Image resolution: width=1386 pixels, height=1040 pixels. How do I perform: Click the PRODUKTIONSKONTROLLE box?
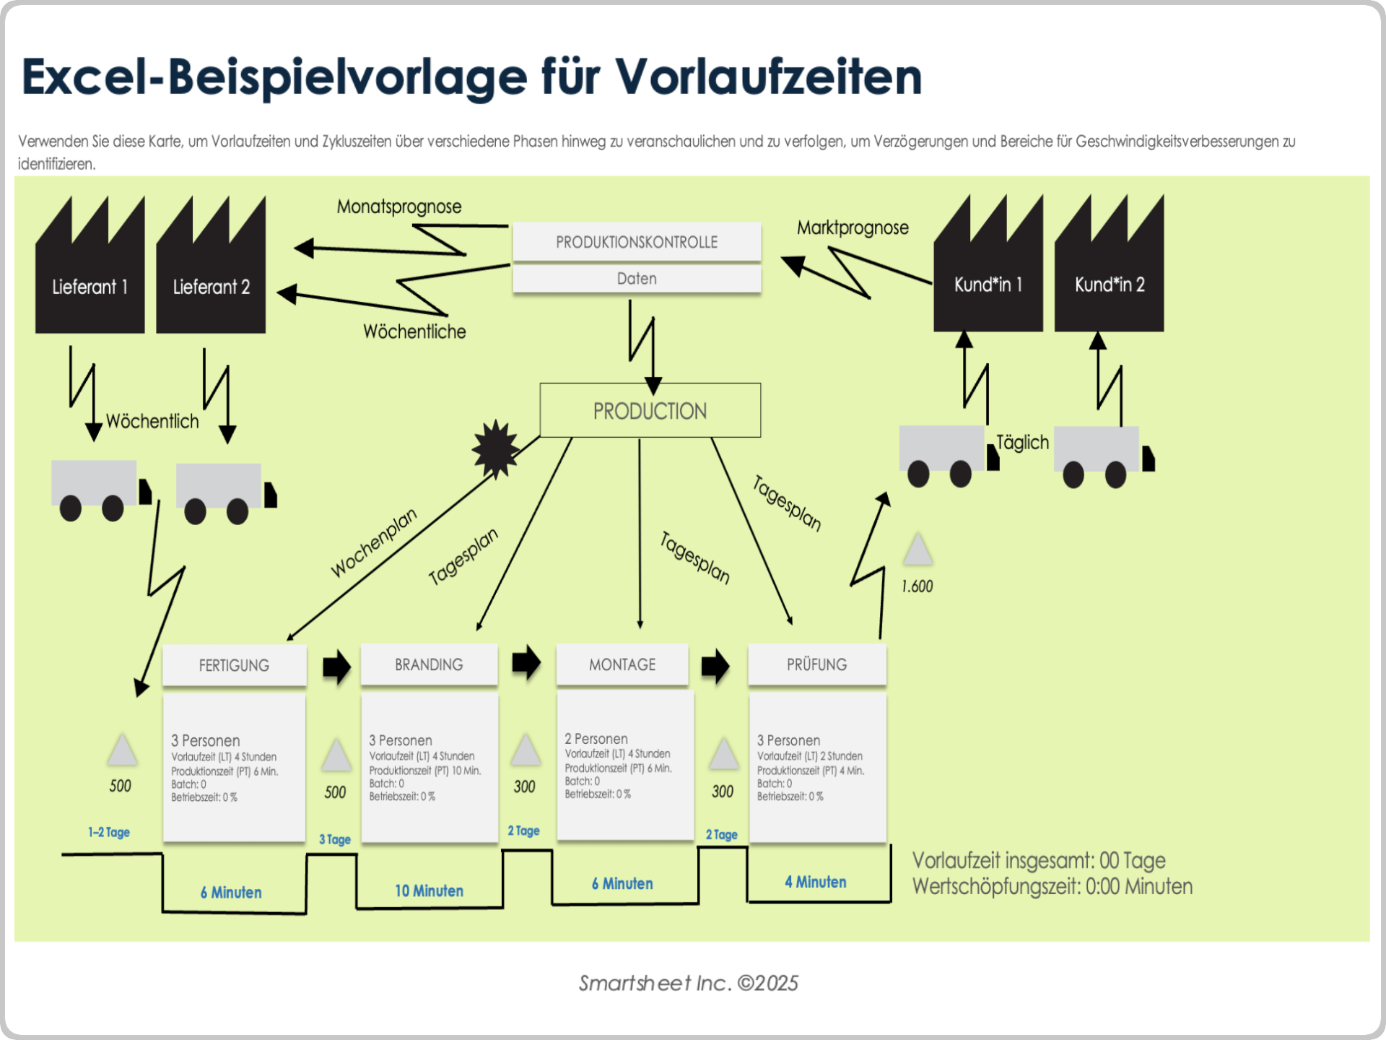coord(637,242)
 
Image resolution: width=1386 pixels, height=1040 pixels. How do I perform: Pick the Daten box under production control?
coord(637,279)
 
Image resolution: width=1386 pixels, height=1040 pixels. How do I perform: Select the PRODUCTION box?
coord(650,410)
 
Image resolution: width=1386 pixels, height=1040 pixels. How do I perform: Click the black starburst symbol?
coord(496,448)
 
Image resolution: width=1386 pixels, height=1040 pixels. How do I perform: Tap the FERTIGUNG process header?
coord(234,665)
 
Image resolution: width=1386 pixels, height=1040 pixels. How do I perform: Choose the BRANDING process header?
coord(429,664)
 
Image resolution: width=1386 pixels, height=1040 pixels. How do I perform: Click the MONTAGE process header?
coord(622,664)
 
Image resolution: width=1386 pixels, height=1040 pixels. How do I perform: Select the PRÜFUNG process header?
coord(816,664)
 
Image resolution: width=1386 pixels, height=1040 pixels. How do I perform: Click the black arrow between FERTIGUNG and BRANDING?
coord(336,666)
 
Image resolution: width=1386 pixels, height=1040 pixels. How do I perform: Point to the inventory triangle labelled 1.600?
coord(918,550)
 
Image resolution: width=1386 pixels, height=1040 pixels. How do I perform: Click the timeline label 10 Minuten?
coord(429,891)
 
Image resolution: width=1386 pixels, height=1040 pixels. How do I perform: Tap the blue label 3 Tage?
coord(335,839)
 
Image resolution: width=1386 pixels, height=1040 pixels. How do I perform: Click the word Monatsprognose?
coord(399,207)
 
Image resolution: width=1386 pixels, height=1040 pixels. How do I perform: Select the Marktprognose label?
coord(853,227)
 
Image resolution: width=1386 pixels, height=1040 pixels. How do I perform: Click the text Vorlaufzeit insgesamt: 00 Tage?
coord(1038,860)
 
